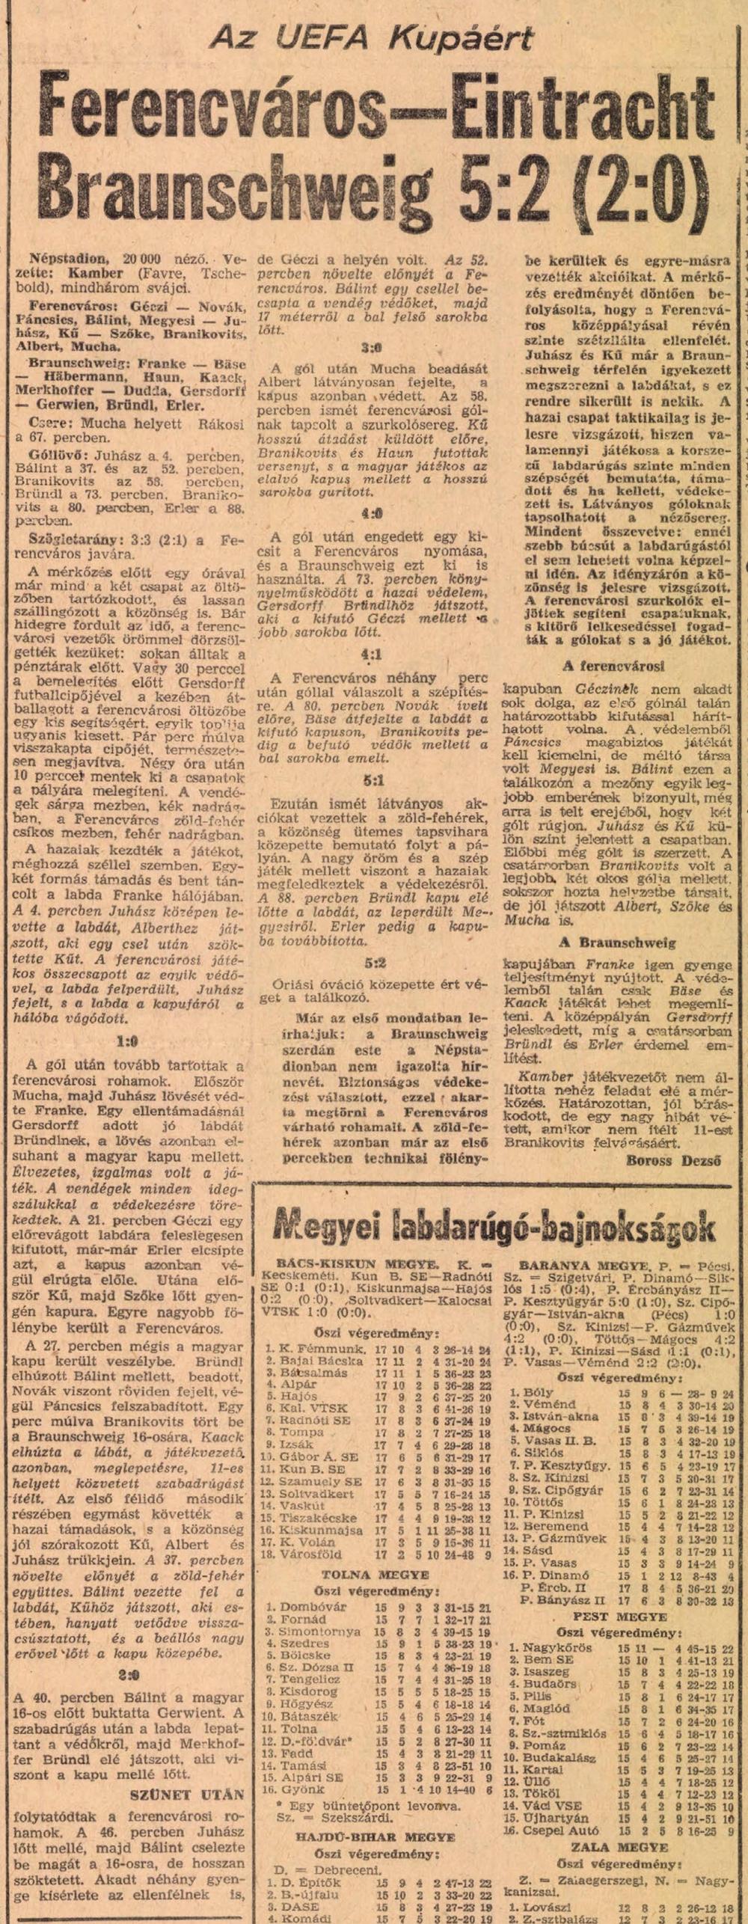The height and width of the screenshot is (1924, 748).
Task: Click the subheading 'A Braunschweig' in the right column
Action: [x=617, y=943]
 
